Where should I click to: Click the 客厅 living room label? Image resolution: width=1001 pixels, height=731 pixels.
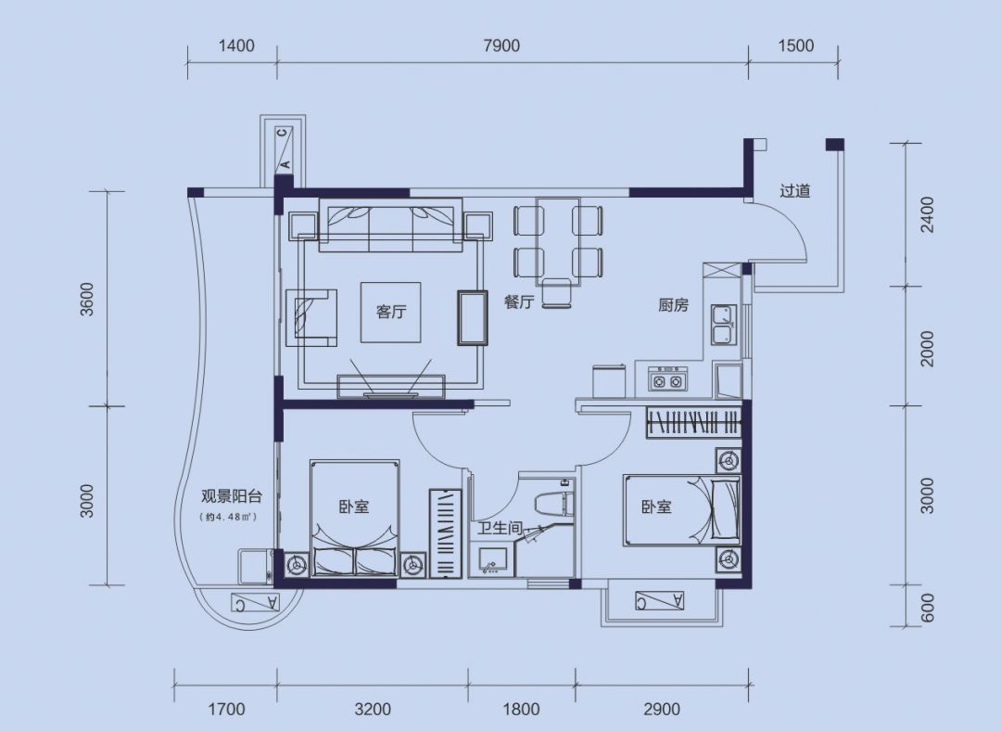(391, 312)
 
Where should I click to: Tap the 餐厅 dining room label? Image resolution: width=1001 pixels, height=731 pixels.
(518, 301)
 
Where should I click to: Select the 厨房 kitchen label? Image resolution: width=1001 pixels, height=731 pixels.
(674, 305)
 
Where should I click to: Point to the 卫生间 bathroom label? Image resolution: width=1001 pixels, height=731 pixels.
(500, 528)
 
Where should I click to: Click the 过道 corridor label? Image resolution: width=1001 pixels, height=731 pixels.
(795, 190)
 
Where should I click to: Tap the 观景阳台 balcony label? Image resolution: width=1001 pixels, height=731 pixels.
(232, 496)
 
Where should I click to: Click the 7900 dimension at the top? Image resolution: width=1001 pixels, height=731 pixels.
(501, 45)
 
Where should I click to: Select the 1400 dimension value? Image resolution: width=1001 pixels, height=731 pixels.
(236, 45)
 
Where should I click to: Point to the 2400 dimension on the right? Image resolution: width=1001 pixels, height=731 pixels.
(927, 214)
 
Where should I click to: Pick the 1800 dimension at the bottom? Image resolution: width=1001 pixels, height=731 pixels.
(522, 709)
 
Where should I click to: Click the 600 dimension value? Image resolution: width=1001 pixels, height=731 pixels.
(928, 608)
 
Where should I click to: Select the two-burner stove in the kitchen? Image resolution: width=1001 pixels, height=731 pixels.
(667, 378)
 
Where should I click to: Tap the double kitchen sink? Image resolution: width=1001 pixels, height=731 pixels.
(723, 326)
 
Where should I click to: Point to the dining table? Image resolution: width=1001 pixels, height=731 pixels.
(558, 241)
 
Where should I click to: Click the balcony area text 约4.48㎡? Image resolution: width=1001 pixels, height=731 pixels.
(229, 517)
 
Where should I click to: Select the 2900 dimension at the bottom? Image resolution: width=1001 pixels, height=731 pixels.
(662, 709)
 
